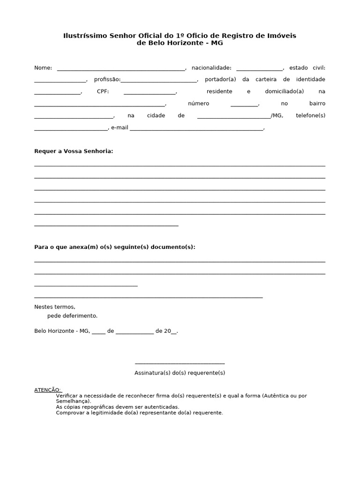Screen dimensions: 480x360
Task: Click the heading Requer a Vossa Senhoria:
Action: [x=74, y=151]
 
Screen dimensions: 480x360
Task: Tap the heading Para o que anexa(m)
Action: [x=114, y=247]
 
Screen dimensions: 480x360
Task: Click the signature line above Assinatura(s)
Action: [x=180, y=363]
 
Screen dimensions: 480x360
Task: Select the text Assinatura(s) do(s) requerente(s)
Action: [x=180, y=373]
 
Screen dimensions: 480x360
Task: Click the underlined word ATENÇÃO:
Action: [x=47, y=390]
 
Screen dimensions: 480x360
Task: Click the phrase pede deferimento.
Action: [x=72, y=316]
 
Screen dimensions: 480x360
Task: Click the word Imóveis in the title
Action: [x=282, y=36]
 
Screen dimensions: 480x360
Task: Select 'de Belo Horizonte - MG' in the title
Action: [x=180, y=43]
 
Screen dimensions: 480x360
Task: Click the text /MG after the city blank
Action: [x=277, y=115]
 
